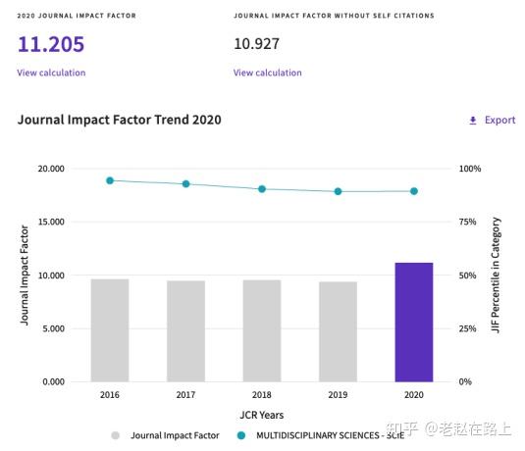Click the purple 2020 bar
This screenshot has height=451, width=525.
413,322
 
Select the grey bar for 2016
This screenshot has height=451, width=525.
110,329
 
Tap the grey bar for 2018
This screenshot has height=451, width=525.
262,330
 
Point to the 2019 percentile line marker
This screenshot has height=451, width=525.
338,191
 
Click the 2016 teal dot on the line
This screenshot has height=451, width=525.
110,180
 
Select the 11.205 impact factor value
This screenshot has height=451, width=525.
50,44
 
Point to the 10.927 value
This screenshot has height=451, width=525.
260,44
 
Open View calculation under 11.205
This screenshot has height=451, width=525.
51,73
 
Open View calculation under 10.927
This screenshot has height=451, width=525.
267,73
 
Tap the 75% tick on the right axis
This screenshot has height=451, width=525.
471,223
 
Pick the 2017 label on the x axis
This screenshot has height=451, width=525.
185,395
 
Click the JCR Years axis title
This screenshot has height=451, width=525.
261,414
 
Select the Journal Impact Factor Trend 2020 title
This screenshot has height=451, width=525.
119,120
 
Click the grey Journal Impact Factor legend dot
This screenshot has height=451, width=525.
116,435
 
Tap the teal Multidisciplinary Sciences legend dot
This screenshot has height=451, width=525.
241,435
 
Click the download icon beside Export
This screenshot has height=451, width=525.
473,121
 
